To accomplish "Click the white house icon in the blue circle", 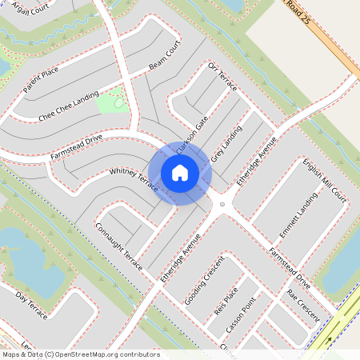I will (180, 172).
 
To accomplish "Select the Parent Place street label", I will (41, 81).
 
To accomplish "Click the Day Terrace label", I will (31, 306).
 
